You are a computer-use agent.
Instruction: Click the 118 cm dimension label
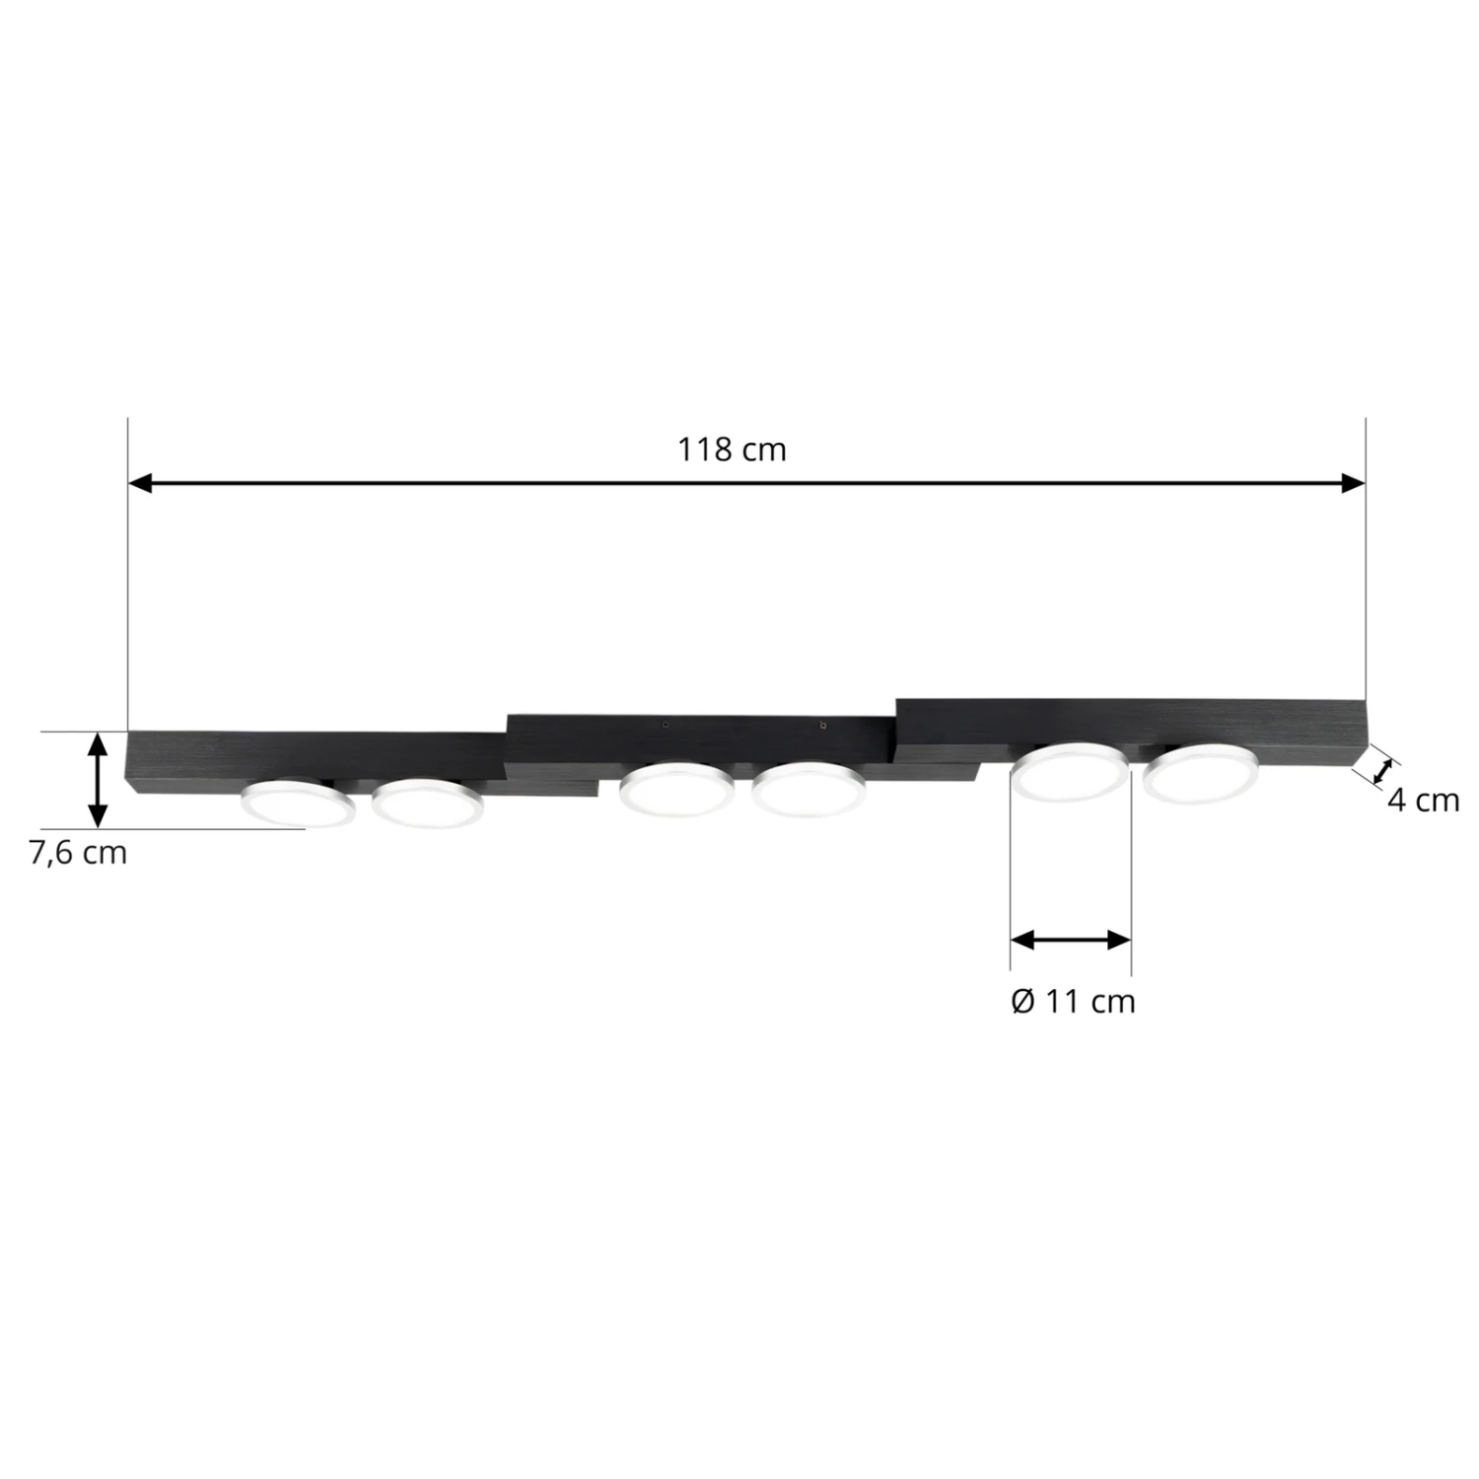pyautogui.click(x=732, y=450)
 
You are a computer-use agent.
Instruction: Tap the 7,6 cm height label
pyautogui.click(x=78, y=852)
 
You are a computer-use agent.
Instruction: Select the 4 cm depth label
pyautogui.click(x=1423, y=800)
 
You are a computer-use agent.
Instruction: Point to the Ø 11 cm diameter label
pyautogui.click(x=1074, y=1002)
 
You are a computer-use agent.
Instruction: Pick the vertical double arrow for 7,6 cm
pyautogui.click(x=97, y=779)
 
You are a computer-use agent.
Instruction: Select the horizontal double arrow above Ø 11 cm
pyautogui.click(x=1071, y=940)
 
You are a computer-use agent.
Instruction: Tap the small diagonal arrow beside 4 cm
pyautogui.click(x=1386, y=770)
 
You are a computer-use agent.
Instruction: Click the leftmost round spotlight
pyautogui.click(x=299, y=803)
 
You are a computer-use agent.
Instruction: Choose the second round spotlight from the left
pyautogui.click(x=428, y=802)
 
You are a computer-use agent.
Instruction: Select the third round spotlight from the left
pyautogui.click(x=676, y=788)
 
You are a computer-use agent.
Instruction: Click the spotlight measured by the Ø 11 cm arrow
pyautogui.click(x=1071, y=772)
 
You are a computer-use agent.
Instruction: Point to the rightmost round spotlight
pyautogui.click(x=1201, y=770)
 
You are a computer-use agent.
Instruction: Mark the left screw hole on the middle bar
pyautogui.click(x=667, y=725)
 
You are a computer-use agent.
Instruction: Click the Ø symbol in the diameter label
pyautogui.click(x=1022, y=1002)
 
